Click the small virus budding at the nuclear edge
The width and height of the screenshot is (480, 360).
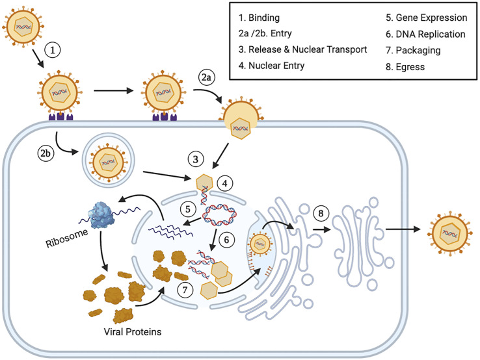(x=260, y=246)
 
